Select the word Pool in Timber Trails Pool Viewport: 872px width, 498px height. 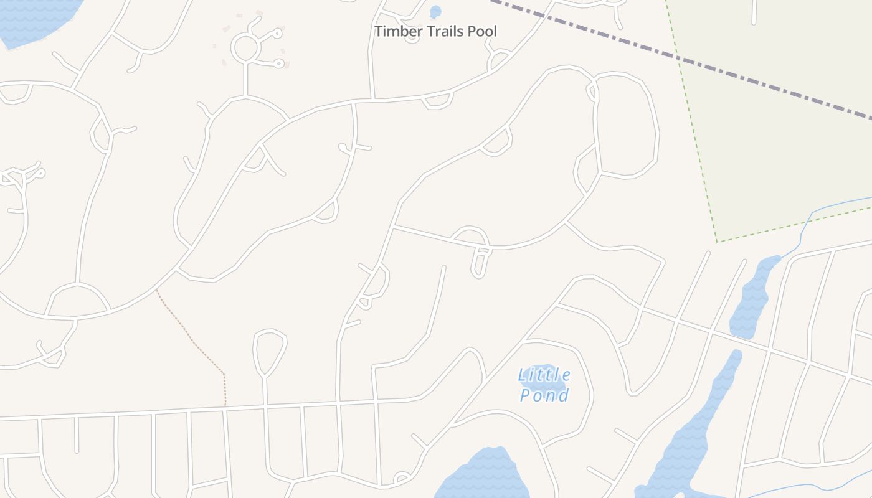pyautogui.click(x=483, y=31)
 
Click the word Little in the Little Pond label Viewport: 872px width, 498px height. pyautogui.click(x=544, y=375)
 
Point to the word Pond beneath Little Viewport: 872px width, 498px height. pyautogui.click(x=544, y=395)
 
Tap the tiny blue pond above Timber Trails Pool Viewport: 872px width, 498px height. pyautogui.click(x=435, y=11)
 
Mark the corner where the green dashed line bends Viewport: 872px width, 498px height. pyautogui.click(x=718, y=242)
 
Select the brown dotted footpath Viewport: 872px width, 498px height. pyautogui.click(x=193, y=339)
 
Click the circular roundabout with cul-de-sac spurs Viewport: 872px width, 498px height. pyautogui.click(x=245, y=47)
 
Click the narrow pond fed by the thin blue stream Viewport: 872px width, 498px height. pyautogui.click(x=752, y=299)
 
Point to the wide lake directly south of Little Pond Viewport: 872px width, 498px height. pyautogui.click(x=483, y=476)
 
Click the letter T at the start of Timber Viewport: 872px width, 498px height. pyautogui.click(x=379, y=31)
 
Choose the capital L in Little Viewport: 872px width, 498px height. pyautogui.click(x=522, y=375)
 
